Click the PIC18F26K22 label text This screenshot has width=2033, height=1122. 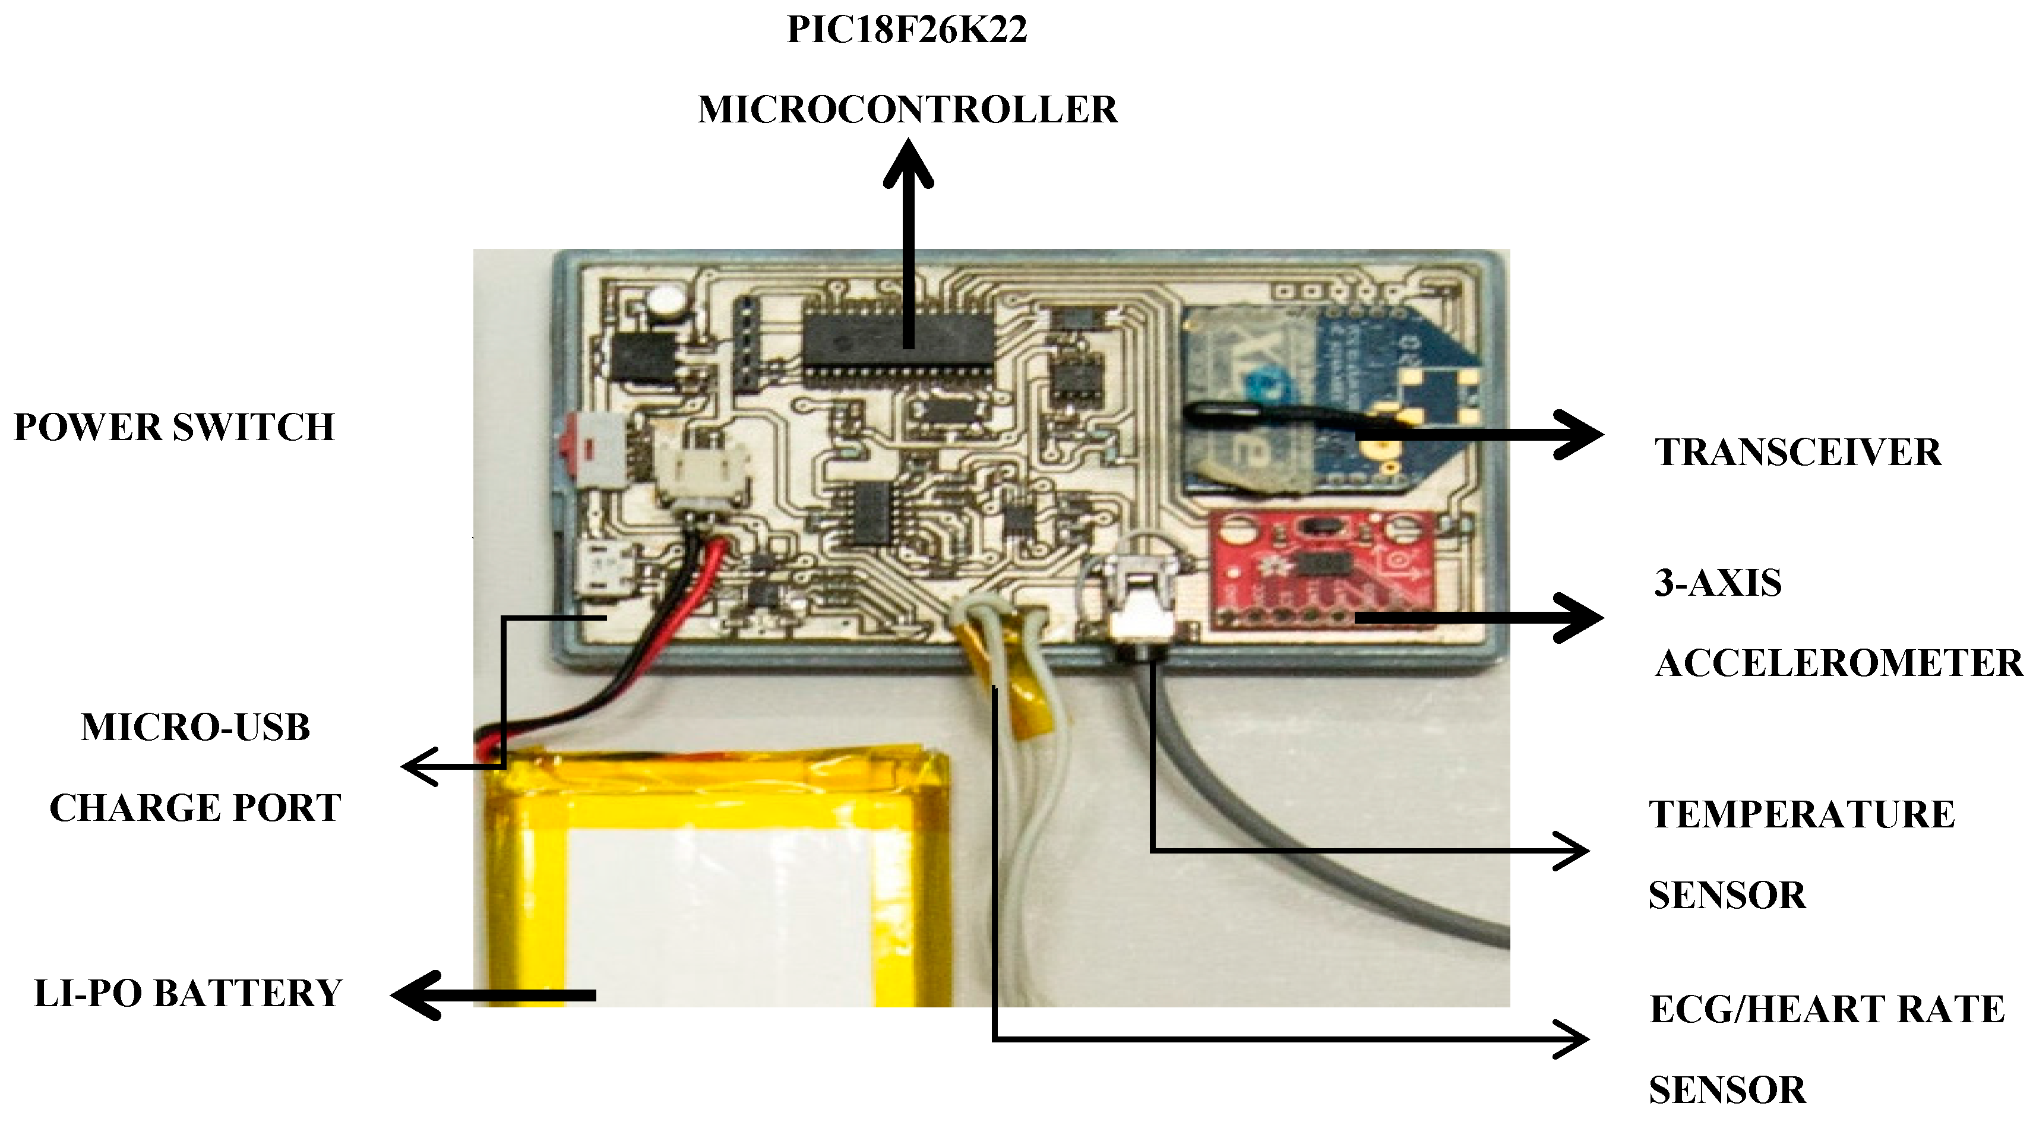(x=907, y=30)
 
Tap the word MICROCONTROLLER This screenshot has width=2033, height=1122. (x=907, y=110)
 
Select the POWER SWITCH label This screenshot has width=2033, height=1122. (x=175, y=428)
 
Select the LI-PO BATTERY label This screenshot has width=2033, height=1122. (x=188, y=993)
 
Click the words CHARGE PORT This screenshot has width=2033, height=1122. (x=195, y=808)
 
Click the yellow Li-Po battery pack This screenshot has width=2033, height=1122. (x=710, y=876)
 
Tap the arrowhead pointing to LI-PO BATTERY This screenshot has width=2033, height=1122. (x=415, y=995)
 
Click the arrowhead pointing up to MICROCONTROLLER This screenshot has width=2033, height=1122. (x=908, y=162)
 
